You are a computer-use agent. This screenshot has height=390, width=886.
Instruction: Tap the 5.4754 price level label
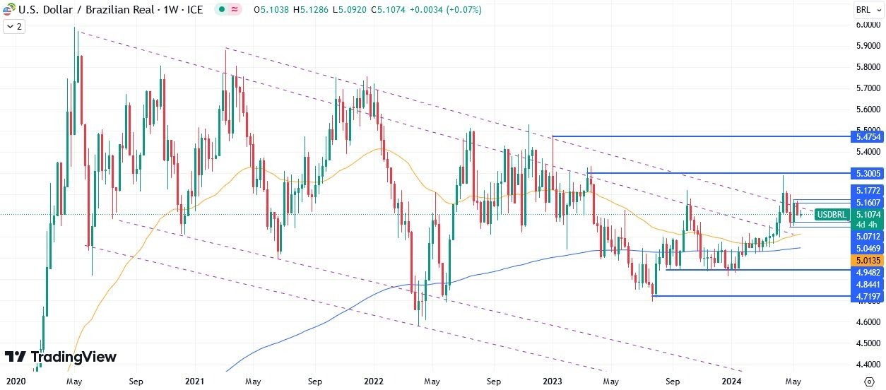867,136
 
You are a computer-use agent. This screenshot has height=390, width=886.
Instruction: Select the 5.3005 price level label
867,173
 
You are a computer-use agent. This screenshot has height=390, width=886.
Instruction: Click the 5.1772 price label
867,191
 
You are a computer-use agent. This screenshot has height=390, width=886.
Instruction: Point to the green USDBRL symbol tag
831,214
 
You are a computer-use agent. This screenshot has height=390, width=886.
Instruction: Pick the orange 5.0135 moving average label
867,260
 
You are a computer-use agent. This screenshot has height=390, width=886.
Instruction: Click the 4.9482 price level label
867,272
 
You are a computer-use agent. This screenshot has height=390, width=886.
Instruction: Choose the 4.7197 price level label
867,297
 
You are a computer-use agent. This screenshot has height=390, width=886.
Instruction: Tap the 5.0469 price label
867,249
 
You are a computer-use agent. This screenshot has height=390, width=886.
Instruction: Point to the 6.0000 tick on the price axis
867,25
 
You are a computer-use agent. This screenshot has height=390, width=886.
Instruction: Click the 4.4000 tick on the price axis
867,365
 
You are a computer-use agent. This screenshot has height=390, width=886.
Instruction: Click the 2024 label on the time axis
731,382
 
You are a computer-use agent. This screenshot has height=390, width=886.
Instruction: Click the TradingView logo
60,357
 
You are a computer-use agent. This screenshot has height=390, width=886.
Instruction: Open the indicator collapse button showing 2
13,26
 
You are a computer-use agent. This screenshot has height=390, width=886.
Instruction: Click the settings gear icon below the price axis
868,382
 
